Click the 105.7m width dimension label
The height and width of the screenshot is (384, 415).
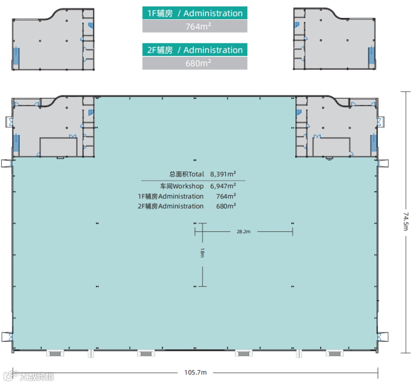(x=195, y=372)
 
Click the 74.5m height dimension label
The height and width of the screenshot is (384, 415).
(x=406, y=221)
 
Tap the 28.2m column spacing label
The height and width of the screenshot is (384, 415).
(x=244, y=231)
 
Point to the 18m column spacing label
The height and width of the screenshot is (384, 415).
(x=203, y=253)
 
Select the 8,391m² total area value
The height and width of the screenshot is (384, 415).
(x=223, y=174)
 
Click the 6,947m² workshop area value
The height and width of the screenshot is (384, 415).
(x=223, y=186)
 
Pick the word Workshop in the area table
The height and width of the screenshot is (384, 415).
(x=188, y=186)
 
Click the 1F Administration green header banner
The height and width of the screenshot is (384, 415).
(x=195, y=13)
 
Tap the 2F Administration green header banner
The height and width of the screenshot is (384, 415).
(x=195, y=50)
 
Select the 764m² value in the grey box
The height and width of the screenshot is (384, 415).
(x=198, y=26)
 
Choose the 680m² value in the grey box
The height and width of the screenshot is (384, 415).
(x=198, y=63)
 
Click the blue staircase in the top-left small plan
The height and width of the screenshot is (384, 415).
(x=16, y=56)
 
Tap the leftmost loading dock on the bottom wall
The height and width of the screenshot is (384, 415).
(x=55, y=353)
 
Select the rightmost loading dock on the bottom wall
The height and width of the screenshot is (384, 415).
(x=335, y=353)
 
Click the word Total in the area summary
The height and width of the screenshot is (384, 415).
(x=196, y=174)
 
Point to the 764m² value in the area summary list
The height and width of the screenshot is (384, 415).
(x=226, y=196)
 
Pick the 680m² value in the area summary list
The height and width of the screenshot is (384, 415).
(x=226, y=206)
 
